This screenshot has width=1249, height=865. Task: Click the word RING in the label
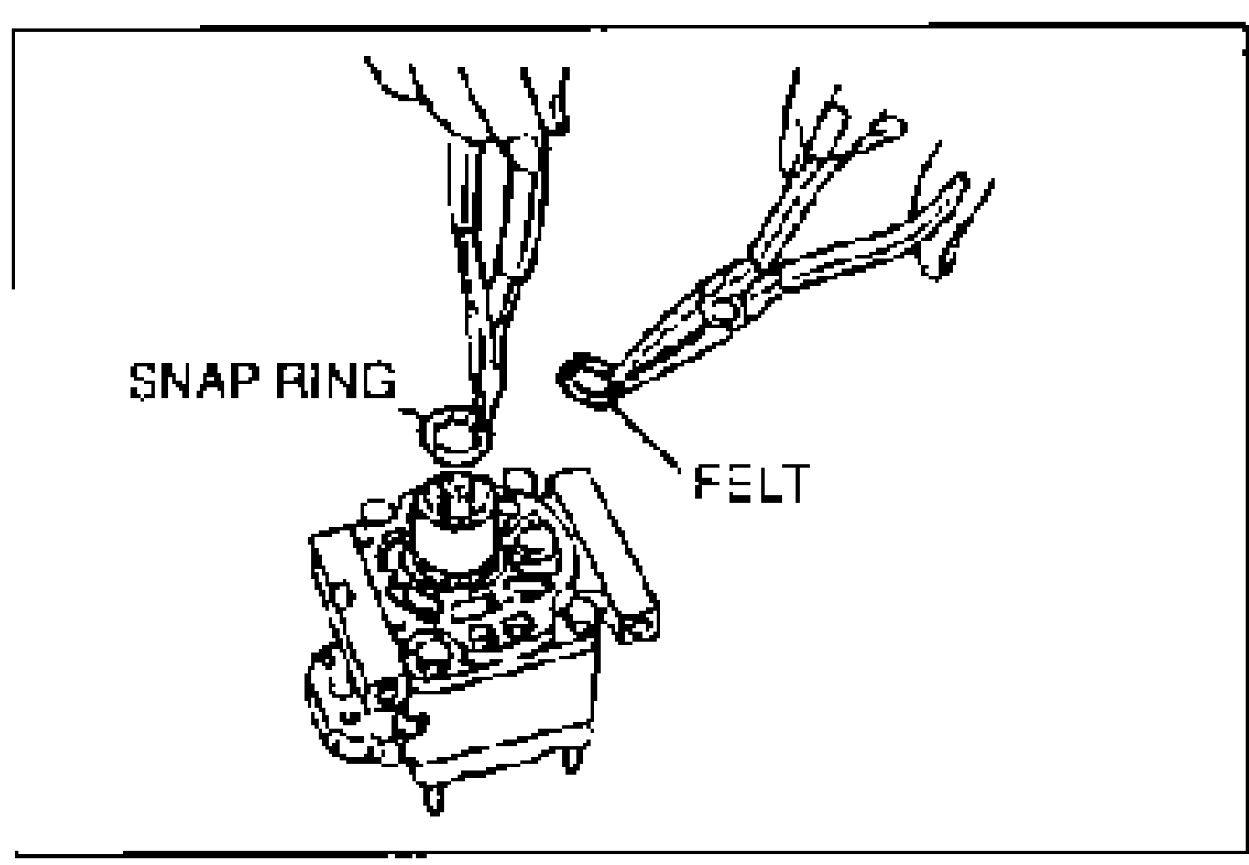[x=336, y=381]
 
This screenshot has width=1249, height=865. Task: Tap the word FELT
[x=753, y=483]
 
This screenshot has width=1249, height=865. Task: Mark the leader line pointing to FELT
[x=647, y=438]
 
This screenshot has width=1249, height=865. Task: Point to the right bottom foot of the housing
[x=571, y=760]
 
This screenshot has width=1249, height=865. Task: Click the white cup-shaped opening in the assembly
[x=454, y=545]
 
